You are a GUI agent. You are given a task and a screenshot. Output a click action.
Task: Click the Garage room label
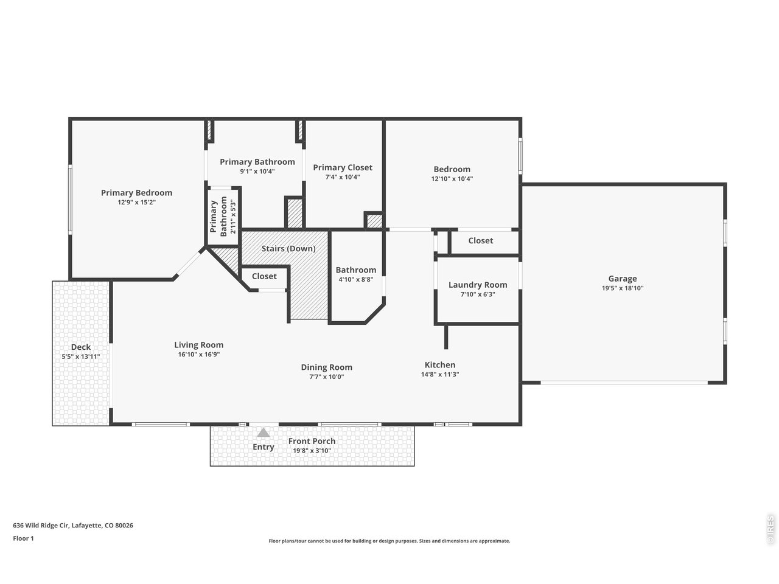click(x=623, y=279)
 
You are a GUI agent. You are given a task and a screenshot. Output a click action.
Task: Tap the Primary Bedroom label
click(x=136, y=193)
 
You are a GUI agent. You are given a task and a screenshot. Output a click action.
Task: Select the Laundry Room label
click(x=477, y=285)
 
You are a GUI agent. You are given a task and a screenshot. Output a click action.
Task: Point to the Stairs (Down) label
click(x=288, y=249)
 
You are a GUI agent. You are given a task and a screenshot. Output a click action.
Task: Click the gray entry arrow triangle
click(x=263, y=433)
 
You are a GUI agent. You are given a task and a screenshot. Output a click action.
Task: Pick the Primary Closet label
click(x=343, y=168)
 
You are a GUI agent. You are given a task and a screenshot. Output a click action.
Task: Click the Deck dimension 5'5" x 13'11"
click(x=80, y=357)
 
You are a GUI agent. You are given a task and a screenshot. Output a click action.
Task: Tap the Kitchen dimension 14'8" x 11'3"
click(x=440, y=375)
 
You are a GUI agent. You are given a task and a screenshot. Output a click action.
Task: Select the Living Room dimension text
click(x=198, y=355)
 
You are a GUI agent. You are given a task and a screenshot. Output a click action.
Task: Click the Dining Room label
click(x=326, y=367)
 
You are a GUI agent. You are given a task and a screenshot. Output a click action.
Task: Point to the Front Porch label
click(x=312, y=441)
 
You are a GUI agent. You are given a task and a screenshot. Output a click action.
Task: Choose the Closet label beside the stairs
click(x=264, y=276)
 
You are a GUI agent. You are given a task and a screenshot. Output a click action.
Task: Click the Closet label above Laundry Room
click(x=480, y=241)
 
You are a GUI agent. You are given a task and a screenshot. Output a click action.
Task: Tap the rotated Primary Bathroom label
click(x=218, y=217)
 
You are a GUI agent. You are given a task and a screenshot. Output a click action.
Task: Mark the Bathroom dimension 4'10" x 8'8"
click(x=355, y=280)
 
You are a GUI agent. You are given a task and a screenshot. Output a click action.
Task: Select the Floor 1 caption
click(x=24, y=538)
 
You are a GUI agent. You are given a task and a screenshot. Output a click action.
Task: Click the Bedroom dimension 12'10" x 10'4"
click(x=452, y=179)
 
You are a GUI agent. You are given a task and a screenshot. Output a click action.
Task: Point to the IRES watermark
click(x=770, y=531)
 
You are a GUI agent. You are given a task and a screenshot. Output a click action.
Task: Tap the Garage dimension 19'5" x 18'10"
click(x=623, y=288)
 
